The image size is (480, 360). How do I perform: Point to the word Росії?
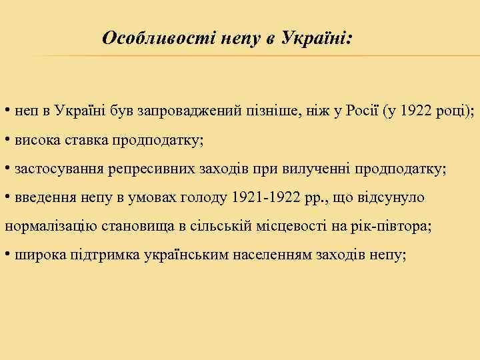(x=361, y=110)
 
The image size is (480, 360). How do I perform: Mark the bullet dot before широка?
(x=6, y=255)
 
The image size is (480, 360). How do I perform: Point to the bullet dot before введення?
(x=6, y=198)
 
